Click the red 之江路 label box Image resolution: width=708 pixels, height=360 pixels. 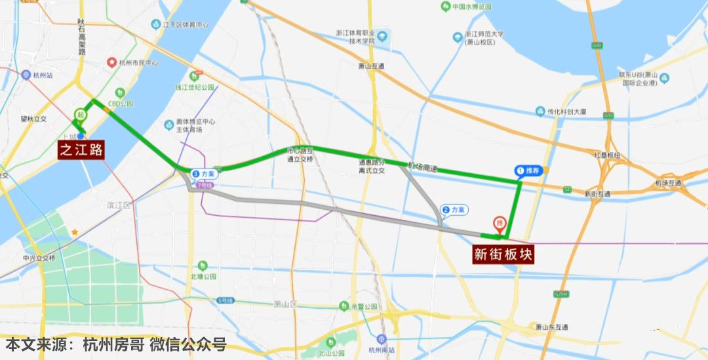coord(81,150)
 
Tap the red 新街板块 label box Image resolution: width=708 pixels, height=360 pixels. coord(503,254)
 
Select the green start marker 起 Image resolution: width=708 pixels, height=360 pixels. coord(81,113)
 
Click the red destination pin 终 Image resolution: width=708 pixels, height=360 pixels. coord(499,224)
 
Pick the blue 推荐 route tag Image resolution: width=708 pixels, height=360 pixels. coord(530,170)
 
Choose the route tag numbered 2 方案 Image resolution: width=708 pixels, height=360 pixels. coord(454,210)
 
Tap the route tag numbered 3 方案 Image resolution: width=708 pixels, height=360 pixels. coord(203,174)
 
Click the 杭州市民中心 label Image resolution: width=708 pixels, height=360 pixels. coord(138,64)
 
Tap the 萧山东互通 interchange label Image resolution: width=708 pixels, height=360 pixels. coord(551,327)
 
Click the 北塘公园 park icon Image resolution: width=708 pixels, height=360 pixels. coord(203,266)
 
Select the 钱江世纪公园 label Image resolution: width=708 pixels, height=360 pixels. coord(195,87)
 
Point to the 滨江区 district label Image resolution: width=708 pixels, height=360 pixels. coord(119,205)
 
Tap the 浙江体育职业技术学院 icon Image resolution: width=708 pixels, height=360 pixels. coord(382,35)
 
